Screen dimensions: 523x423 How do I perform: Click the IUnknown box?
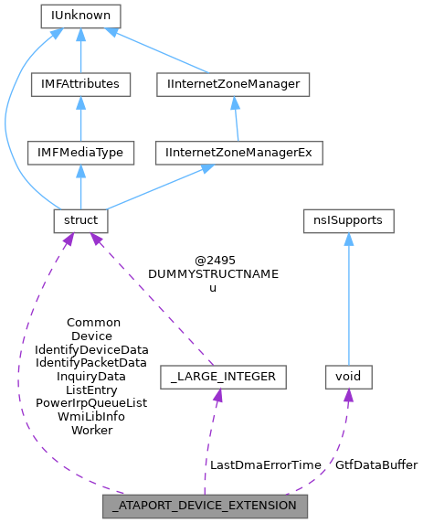[80, 16]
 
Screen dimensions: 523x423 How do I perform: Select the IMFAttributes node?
[80, 84]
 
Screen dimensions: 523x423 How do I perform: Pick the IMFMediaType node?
[80, 153]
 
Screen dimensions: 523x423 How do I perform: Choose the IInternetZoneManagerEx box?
[238, 153]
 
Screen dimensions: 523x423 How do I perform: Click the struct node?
[80, 221]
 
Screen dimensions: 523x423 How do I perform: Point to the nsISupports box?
[348, 221]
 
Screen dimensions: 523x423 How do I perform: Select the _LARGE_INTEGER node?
[223, 376]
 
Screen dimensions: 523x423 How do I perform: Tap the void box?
[348, 376]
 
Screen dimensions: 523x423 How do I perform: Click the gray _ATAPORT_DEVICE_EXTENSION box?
[205, 505]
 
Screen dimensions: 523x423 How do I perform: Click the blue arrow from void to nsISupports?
[348, 302]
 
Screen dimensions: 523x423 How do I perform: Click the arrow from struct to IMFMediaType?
[80, 187]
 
